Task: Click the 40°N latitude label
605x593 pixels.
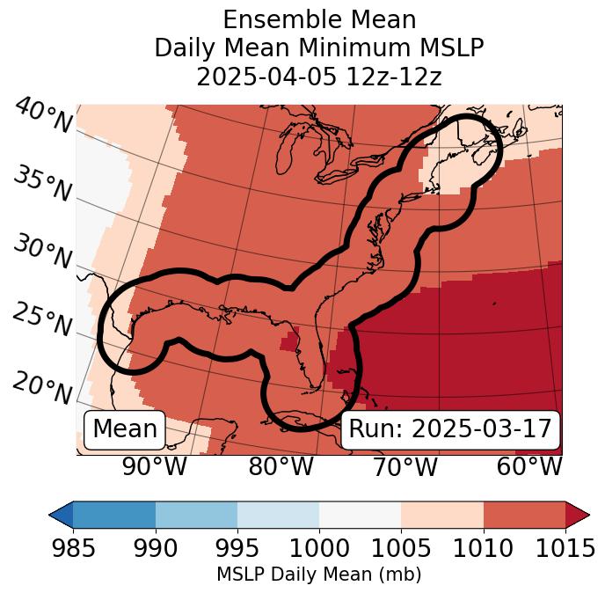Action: pos(43,116)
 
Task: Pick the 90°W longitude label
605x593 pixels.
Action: pos(155,467)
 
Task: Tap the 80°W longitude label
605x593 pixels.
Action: pos(281,467)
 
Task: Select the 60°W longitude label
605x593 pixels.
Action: pos(529,467)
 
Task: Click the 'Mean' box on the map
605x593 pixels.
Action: pos(125,429)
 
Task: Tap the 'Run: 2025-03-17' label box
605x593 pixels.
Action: pos(450,429)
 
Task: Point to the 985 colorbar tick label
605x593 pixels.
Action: pos(73,548)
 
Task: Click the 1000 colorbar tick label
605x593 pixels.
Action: pos(319,548)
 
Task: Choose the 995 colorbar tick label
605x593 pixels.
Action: pos(237,548)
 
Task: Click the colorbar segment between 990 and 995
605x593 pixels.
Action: pos(196,514)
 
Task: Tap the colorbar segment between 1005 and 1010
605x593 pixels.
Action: pos(442,514)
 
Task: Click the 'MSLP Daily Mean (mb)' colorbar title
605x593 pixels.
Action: pos(318,575)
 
